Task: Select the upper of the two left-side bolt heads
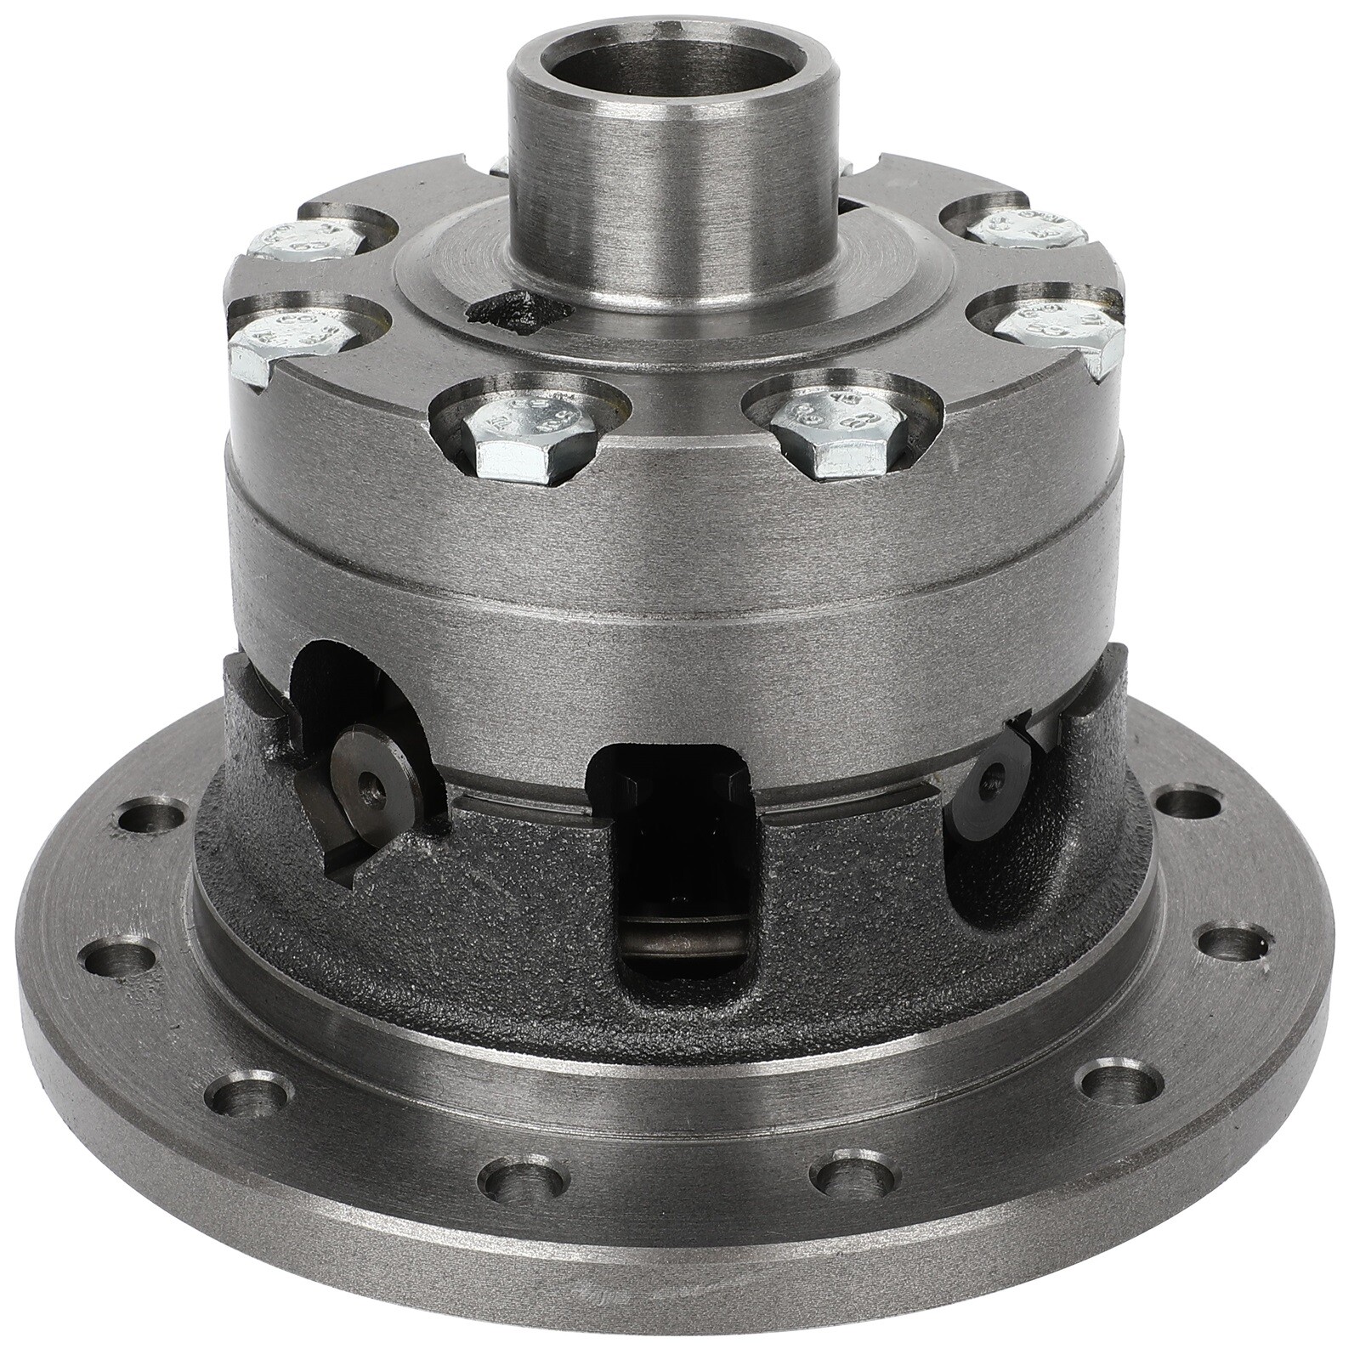307,241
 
